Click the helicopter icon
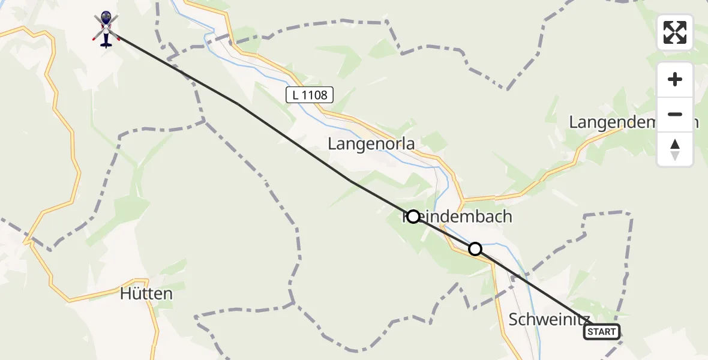(106, 28)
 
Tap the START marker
(602, 332)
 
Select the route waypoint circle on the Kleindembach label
(413, 216)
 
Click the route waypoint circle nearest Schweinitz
(475, 248)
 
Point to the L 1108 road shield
(309, 94)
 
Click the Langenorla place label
(371, 144)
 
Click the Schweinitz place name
(549, 319)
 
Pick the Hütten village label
(146, 294)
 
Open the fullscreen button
(675, 32)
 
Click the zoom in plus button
(675, 80)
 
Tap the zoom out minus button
(675, 114)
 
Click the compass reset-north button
(675, 149)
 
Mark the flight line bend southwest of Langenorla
(351, 181)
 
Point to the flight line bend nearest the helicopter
(238, 104)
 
